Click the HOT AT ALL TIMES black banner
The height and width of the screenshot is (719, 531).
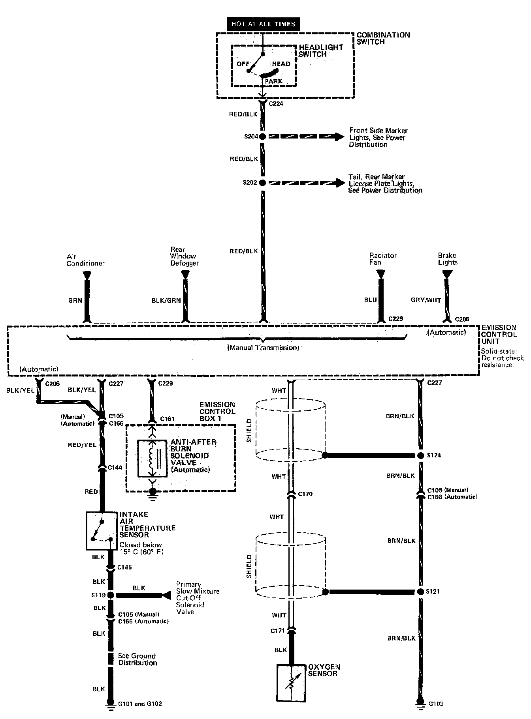263,24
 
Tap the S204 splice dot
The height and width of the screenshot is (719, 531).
262,137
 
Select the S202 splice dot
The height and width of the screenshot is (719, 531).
262,183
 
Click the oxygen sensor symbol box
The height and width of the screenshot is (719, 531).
291,683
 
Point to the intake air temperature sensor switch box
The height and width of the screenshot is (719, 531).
102,531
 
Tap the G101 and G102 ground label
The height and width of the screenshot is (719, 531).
140,703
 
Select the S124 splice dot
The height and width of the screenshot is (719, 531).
420,455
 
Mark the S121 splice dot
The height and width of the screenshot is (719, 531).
420,592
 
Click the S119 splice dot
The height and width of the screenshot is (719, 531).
111,595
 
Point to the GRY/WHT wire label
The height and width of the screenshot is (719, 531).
426,300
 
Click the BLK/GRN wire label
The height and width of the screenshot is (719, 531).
166,300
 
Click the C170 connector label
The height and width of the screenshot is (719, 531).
305,494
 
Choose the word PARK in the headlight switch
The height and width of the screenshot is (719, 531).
273,81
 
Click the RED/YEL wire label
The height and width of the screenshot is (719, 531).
82,445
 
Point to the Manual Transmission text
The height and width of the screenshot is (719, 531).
263,348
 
